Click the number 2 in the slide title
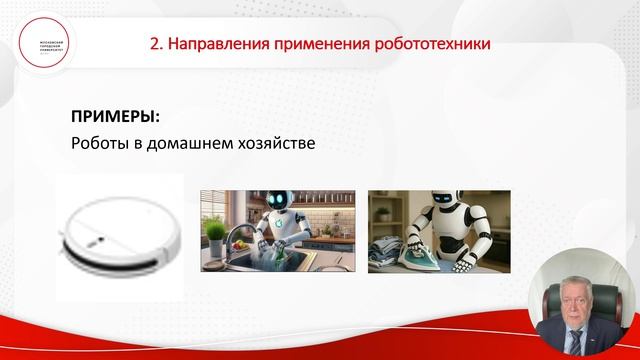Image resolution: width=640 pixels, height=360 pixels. click(154, 44)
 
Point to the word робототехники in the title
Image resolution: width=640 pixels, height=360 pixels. click(433, 44)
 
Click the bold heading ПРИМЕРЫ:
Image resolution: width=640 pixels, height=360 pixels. click(115, 115)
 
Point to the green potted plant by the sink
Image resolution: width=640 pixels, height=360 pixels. click(214, 232)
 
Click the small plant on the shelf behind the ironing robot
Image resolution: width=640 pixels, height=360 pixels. click(382, 213)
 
